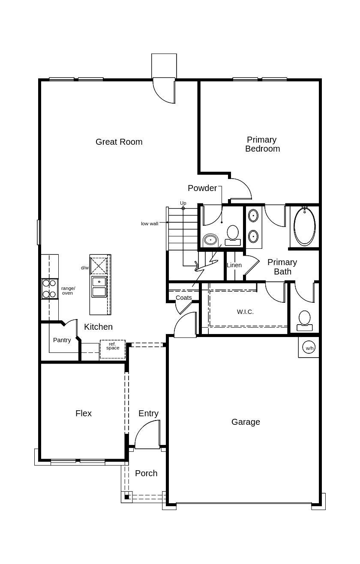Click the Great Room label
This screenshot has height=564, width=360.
click(119, 142)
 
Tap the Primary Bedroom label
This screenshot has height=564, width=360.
click(262, 144)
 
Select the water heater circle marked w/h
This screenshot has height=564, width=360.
click(309, 348)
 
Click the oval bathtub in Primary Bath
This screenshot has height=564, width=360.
click(305, 227)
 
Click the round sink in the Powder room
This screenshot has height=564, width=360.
click(210, 240)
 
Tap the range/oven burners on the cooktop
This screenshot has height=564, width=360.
click(49, 289)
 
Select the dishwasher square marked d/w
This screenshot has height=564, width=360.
click(99, 266)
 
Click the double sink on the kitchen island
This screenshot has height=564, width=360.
click(99, 286)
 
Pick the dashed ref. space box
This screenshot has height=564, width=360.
click(113, 349)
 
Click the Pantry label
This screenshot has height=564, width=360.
click(62, 340)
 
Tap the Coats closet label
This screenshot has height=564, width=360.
click(183, 298)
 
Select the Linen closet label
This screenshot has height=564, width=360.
click(234, 265)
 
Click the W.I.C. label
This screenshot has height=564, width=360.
click(245, 312)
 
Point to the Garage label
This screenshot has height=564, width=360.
click(246, 422)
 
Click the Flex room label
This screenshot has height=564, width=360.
click(84, 413)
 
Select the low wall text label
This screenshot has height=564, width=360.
click(150, 224)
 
